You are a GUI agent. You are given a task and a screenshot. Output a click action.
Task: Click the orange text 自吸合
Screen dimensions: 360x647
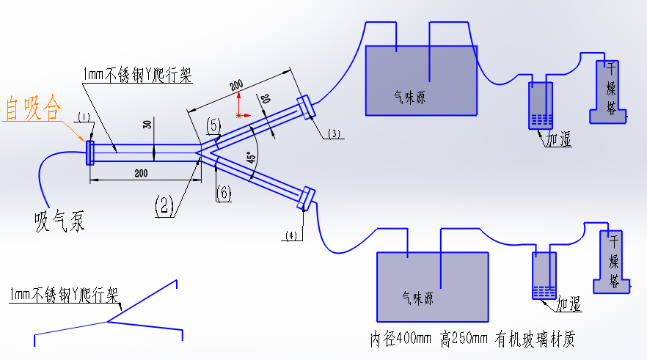tap(34, 109)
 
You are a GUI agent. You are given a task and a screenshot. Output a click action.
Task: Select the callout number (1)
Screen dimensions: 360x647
tap(84, 117)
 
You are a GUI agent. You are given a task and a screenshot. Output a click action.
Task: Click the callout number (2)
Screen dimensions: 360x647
tap(164, 206)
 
